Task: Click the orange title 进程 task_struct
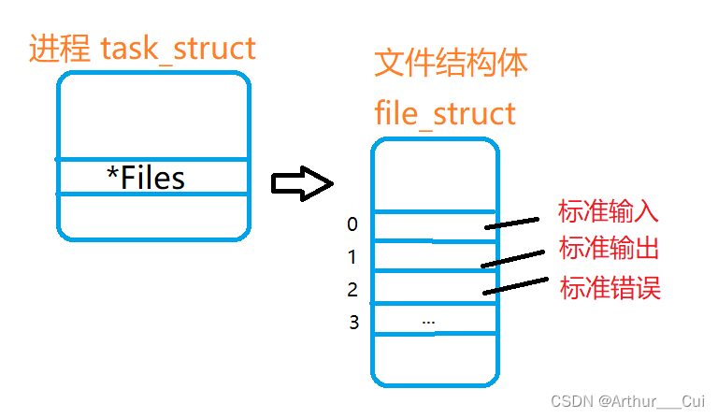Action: pos(142,47)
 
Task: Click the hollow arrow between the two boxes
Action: pos(301,183)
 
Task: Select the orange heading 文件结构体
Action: pos(451,64)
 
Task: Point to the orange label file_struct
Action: pos(445,113)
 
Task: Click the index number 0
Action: pos(352,224)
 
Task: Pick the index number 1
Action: pos(352,257)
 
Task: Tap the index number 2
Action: pos(352,290)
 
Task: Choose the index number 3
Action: pos(353,324)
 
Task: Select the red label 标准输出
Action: pos(609,248)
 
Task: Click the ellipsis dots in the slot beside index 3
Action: pos(428,321)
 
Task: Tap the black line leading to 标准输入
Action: pos(511,223)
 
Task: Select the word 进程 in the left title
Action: pos(51,47)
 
